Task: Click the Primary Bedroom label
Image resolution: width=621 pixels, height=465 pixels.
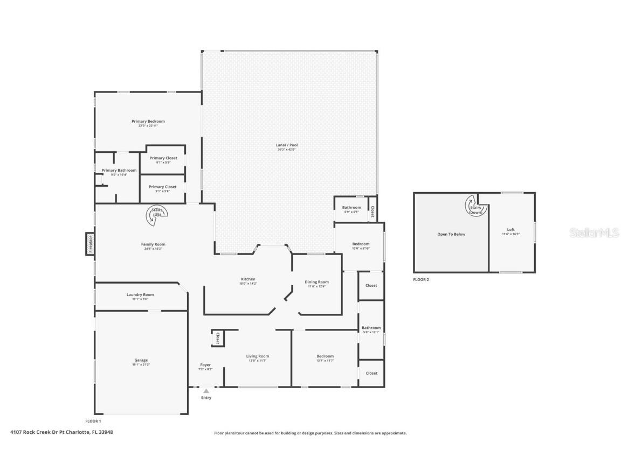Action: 148,122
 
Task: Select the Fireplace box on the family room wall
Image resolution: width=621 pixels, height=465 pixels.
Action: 90,244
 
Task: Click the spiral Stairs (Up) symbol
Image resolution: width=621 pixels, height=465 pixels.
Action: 157,214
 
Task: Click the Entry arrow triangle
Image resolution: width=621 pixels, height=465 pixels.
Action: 206,391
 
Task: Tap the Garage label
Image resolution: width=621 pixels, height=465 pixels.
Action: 141,361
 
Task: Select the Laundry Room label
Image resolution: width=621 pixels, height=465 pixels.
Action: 140,295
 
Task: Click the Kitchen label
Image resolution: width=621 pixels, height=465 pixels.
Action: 248,279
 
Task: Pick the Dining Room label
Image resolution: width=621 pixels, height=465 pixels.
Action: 316,282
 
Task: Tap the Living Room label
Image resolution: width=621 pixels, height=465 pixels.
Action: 258,356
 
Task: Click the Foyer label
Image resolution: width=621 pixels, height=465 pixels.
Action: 205,365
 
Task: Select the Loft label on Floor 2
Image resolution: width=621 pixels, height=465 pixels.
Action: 510,230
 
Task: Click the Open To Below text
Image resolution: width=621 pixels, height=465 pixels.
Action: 451,234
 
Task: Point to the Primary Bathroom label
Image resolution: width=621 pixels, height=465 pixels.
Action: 119,171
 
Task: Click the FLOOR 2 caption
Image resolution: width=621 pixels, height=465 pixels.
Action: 421,280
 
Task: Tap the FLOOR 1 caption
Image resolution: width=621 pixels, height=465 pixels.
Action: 93,421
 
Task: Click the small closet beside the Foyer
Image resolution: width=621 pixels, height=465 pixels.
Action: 218,339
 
